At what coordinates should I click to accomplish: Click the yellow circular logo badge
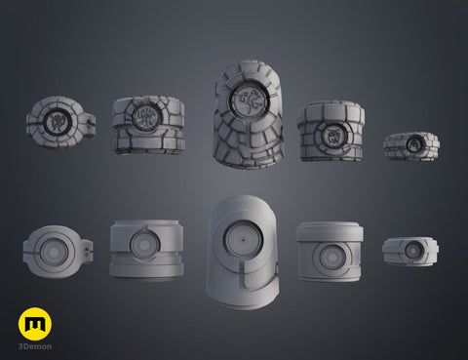tap(35, 324)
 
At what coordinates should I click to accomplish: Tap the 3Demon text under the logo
tap(35, 346)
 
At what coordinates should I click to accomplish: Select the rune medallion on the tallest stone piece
tap(249, 99)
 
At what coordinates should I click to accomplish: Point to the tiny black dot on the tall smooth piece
tap(243, 240)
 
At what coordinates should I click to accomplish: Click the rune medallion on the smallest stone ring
tap(412, 142)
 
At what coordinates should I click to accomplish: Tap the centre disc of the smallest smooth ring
tap(412, 251)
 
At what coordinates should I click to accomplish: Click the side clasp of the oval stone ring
tap(91, 123)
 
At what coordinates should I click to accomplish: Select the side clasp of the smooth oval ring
tap(88, 251)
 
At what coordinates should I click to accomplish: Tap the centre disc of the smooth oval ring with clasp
tap(55, 252)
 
